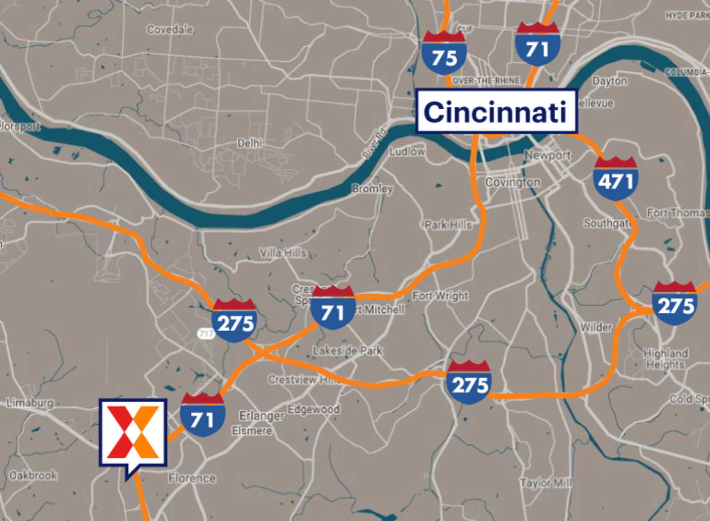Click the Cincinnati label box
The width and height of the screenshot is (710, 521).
click(496, 111)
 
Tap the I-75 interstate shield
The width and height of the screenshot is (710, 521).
click(444, 53)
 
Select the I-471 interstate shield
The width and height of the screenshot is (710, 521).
click(615, 178)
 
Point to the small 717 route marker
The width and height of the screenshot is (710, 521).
click(205, 333)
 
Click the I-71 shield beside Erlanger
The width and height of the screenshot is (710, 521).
click(202, 415)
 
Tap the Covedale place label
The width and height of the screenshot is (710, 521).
click(170, 30)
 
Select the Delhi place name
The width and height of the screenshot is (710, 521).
click(250, 143)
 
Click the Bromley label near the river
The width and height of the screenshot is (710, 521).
click(372, 189)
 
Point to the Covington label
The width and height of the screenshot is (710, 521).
click(513, 182)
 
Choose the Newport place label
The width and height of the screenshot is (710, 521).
click(548, 155)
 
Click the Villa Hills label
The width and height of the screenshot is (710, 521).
click(283, 253)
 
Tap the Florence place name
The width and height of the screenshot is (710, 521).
click(192, 478)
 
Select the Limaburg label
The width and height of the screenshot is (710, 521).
click(30, 403)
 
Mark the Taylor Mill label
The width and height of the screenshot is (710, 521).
click(546, 482)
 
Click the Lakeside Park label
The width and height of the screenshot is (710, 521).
click(347, 351)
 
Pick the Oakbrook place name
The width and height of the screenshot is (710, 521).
click(33, 475)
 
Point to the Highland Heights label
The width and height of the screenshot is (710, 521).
click(666, 359)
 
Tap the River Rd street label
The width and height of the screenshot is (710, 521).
click(375, 143)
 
